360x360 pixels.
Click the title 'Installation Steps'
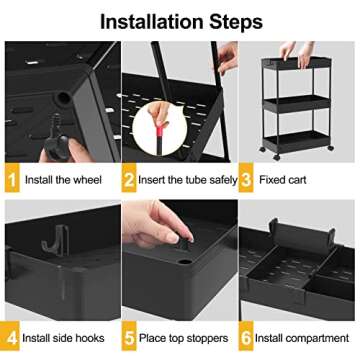[180, 20]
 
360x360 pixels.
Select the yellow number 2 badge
[130, 181]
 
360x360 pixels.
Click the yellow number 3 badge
[250, 181]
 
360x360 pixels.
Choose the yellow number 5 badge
[130, 338]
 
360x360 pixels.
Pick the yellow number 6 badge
[250, 338]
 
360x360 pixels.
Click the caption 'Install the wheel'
[63, 181]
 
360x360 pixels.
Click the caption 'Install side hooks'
[66, 338]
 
